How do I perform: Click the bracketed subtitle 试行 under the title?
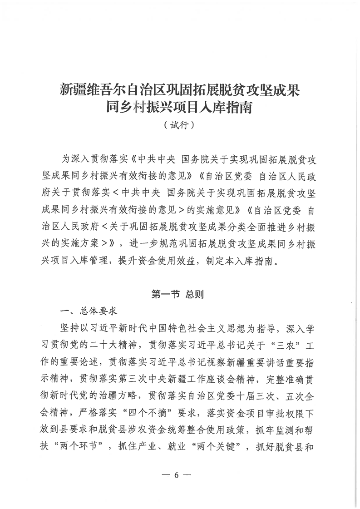point(180,124)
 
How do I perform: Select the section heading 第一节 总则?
point(180,294)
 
